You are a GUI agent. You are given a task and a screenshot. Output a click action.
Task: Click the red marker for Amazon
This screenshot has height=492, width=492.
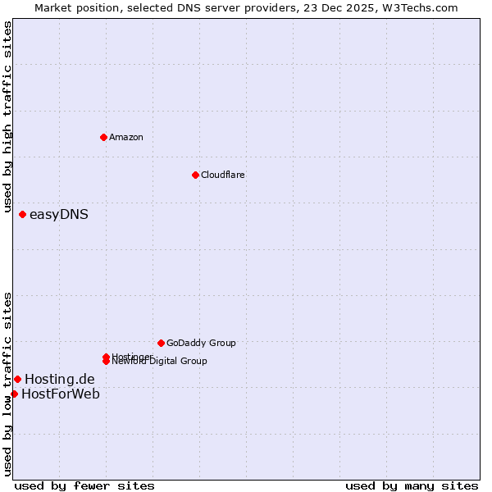103,137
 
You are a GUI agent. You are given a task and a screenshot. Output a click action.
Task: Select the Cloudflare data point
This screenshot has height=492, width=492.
195,175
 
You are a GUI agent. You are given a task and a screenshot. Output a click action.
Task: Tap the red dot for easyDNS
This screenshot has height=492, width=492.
22,215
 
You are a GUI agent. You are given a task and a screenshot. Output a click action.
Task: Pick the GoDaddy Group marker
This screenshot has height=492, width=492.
161,343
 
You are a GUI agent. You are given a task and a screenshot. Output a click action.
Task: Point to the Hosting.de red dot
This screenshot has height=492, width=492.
17,379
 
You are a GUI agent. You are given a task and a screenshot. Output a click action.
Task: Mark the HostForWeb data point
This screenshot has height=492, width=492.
14,394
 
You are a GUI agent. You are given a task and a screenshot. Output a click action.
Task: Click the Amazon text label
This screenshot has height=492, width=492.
126,137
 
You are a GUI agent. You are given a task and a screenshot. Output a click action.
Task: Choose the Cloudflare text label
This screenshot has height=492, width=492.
222,175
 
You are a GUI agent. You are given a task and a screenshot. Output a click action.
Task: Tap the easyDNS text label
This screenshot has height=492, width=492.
58,215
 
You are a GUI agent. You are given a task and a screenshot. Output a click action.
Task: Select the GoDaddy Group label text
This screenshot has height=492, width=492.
201,343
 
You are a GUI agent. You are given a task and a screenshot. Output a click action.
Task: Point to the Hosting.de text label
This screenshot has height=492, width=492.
59,379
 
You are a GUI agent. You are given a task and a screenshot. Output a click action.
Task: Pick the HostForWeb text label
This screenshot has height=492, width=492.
61,394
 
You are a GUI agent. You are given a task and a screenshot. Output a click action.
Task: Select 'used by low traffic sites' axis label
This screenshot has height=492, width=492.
7,384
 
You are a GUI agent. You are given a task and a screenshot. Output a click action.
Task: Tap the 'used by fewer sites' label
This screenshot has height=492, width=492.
84,485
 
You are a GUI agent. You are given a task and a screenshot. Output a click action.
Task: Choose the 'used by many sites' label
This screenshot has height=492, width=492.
412,485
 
